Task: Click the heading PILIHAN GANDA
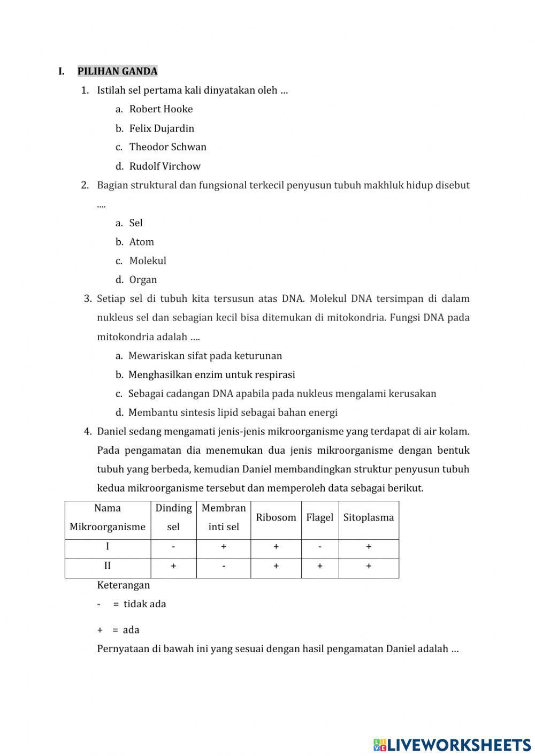[117, 71]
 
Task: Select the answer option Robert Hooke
[160, 109]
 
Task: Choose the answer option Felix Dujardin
[162, 128]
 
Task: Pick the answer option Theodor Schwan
[167, 147]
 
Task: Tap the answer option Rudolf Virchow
[165, 166]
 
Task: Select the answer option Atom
[141, 242]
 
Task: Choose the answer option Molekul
[148, 261]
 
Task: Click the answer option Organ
[143, 280]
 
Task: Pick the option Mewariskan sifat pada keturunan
[205, 356]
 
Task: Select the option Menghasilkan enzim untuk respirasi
[211, 375]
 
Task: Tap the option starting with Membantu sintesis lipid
[233, 413]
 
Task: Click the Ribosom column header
[276, 517]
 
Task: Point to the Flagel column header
[319, 517]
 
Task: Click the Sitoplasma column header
[368, 517]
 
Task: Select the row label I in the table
[108, 547]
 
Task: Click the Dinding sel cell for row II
[173, 566]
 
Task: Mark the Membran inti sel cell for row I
[224, 547]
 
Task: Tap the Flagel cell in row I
[319, 547]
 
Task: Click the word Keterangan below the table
[124, 585]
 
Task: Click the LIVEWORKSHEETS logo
[452, 744]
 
